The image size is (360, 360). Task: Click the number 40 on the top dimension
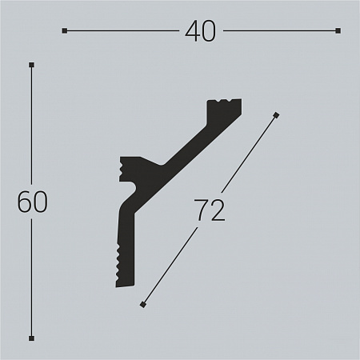200,31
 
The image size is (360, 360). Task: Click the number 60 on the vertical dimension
32,202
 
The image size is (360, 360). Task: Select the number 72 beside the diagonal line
209,210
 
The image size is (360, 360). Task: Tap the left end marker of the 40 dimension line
64,31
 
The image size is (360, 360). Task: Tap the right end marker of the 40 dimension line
338,31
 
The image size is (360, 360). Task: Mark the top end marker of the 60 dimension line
31,65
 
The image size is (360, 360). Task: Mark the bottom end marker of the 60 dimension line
31,338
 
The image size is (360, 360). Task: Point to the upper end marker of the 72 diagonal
276,115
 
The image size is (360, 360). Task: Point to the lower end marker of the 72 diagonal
142,304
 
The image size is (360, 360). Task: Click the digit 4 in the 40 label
191,31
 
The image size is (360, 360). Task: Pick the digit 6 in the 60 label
24,202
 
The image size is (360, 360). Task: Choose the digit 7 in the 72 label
201,210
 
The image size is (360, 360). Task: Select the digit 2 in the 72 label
217,210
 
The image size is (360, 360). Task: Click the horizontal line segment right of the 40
280,31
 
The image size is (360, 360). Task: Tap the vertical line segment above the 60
31,128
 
